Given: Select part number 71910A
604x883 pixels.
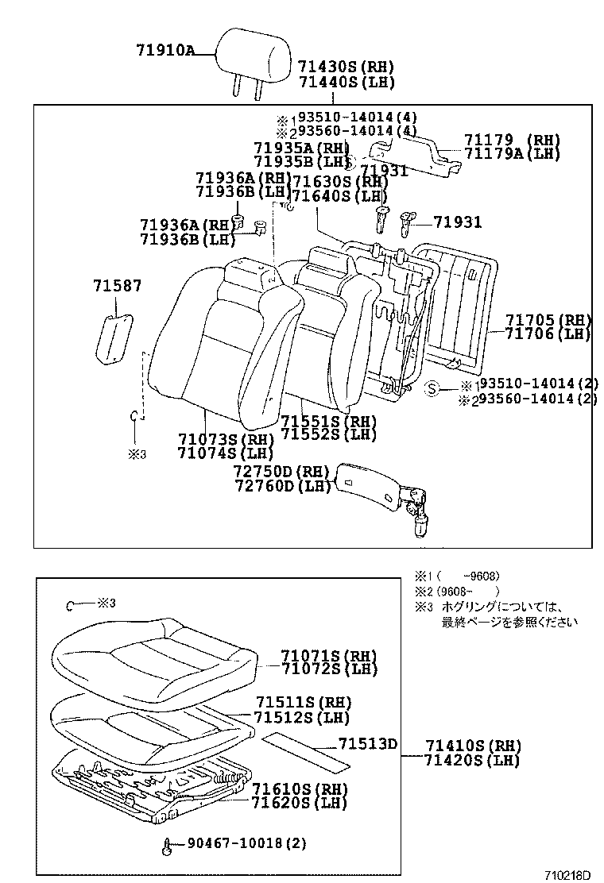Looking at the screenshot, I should click(x=165, y=50).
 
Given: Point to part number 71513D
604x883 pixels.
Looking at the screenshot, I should click(x=367, y=744).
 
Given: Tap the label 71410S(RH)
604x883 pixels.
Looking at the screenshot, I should click(x=472, y=746).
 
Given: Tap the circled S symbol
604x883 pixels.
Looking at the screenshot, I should click(x=432, y=388).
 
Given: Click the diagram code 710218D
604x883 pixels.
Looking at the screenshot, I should click(x=567, y=875).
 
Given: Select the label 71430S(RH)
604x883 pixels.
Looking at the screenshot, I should click(x=346, y=67).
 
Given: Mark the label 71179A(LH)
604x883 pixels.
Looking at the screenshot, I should click(x=513, y=154).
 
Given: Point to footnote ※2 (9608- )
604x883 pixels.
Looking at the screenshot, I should click(x=457, y=591).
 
